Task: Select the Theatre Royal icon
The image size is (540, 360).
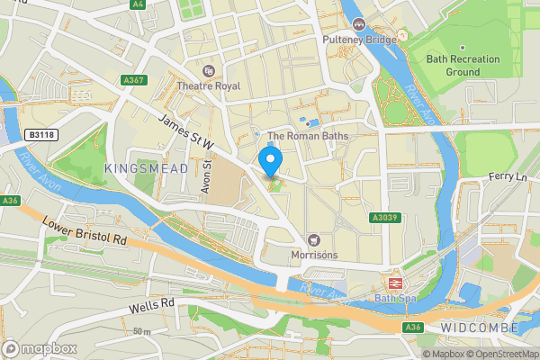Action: pos(210,70)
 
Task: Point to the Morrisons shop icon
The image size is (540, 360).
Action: pos(313,239)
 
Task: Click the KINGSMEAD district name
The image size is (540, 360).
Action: pos(146,168)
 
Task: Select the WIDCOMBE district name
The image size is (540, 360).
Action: pos(480,328)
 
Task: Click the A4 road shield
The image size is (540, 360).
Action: pos(137,4)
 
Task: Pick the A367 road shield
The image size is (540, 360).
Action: pos(133,81)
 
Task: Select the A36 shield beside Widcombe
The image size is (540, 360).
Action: pos(412,328)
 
